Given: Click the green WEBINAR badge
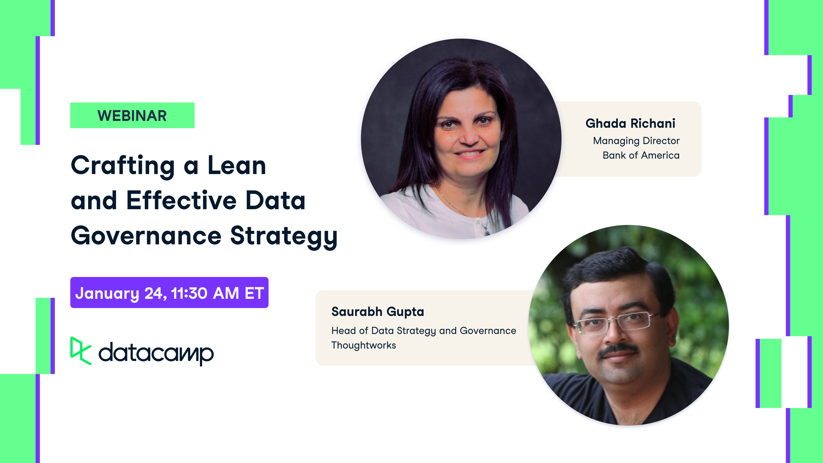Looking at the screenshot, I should click(132, 115).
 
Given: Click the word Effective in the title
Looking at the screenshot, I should click(181, 201).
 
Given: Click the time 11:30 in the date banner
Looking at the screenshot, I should click(189, 293).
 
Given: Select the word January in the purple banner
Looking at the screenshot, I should click(107, 293).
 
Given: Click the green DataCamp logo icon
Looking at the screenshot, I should click(81, 351).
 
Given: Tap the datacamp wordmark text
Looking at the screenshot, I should click(156, 353).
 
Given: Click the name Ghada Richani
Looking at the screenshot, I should click(630, 123).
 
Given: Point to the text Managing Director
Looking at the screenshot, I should click(636, 141).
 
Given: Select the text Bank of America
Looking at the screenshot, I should click(641, 155).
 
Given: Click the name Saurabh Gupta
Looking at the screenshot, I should click(378, 311).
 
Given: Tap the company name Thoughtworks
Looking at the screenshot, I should click(363, 345).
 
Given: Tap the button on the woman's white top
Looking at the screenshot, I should click(478, 222).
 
